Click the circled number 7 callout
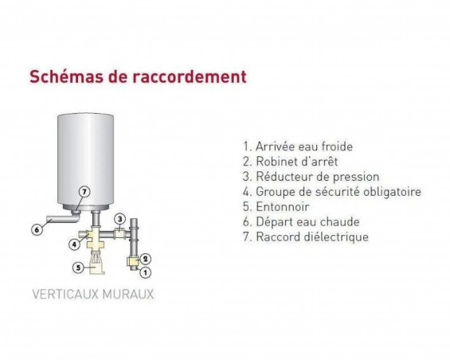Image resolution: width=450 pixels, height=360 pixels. [x=85, y=191]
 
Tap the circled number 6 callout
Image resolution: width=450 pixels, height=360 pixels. [x=36, y=230]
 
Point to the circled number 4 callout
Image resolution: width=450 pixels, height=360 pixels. [x=73, y=245]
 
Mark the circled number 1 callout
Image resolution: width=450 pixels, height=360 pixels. [x=144, y=272]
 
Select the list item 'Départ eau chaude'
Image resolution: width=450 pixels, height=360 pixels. [x=301, y=222]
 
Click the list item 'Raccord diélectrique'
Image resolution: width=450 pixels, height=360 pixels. [x=306, y=237]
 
